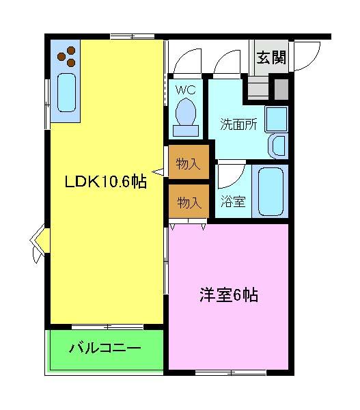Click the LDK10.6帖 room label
click(x=105, y=182)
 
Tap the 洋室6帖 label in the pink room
click(x=228, y=296)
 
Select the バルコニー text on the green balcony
click(x=105, y=348)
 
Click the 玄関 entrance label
click(x=271, y=58)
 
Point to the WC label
click(x=186, y=89)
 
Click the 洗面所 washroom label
click(x=238, y=125)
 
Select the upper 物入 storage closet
click(x=188, y=163)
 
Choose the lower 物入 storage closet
click(x=189, y=202)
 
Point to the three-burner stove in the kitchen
click(x=67, y=56)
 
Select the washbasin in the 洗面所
click(x=278, y=145)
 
